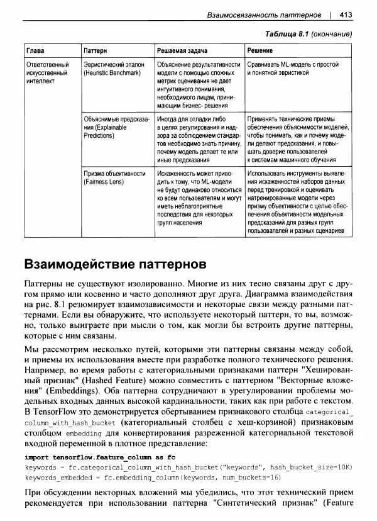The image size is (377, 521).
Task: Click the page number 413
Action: [x=345, y=13]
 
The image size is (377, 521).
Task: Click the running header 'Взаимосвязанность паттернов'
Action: [x=264, y=13]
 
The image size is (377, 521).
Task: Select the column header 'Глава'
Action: [x=35, y=50]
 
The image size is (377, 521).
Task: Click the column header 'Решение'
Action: [x=260, y=50]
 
